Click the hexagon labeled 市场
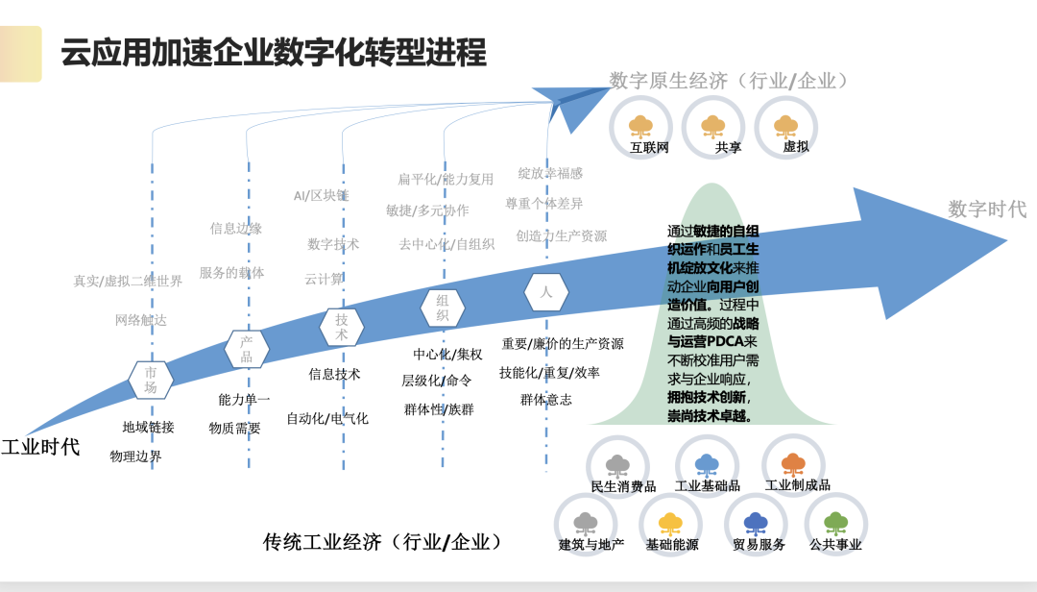pos(151,380)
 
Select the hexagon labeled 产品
pos(246,349)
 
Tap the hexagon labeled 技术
pos(341,327)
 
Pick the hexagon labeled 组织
pos(443,308)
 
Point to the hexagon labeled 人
pos(545,292)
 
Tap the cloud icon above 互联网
pos(640,126)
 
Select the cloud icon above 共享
pos(712,126)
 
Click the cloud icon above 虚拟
pos(785,126)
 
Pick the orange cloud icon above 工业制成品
pos(793,464)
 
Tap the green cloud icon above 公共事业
pos(836,523)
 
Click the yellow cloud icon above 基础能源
pos(670,523)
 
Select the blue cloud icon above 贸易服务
pos(756,523)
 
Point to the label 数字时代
pos(987,209)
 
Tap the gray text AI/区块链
pos(321,196)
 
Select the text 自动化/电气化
pos(327,418)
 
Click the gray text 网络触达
pos(140,320)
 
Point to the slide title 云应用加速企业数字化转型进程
pos(274,52)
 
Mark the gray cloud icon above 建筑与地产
pos(586,523)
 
